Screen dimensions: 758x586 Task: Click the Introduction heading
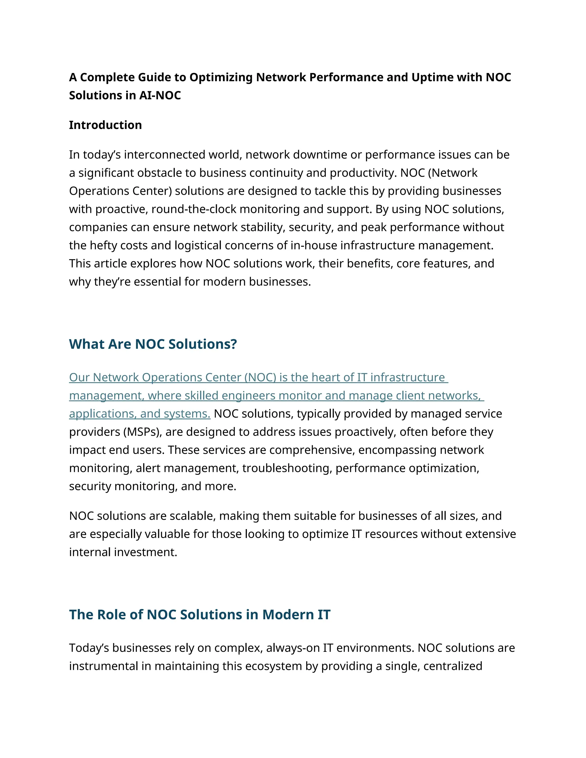(105, 125)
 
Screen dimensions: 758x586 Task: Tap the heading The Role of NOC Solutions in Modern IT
(200, 614)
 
